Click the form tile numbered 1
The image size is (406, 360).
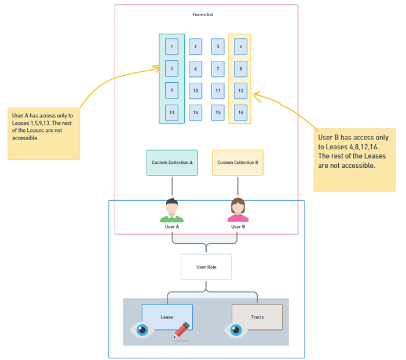coord(171,46)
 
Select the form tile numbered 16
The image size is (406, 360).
coord(240,112)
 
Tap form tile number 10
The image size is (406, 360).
coord(196,90)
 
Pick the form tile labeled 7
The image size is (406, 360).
coord(218,69)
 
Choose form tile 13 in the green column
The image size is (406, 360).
coord(171,112)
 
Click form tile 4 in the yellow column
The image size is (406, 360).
coord(240,46)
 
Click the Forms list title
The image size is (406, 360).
coord(203,14)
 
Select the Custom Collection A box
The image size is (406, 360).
coord(172,163)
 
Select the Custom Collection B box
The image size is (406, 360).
coord(237,163)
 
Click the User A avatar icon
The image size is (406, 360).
coord(171,211)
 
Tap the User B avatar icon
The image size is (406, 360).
coord(237,211)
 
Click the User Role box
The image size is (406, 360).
coord(206,267)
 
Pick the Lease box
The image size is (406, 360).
coord(167,317)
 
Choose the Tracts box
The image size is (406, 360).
coord(257,317)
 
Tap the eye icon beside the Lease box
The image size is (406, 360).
coord(142,330)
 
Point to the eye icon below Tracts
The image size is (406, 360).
coord(236,330)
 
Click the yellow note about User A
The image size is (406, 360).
coord(43,133)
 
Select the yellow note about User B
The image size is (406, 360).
coord(354,159)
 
